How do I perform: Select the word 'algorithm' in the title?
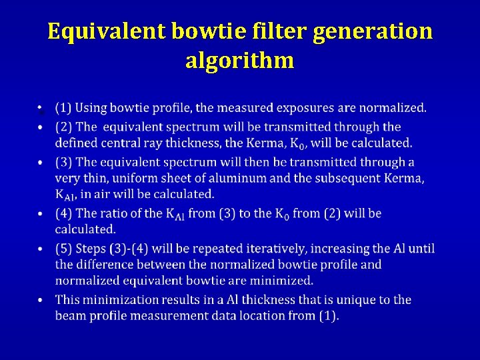tap(239, 60)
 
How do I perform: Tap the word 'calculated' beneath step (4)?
tap(85, 229)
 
